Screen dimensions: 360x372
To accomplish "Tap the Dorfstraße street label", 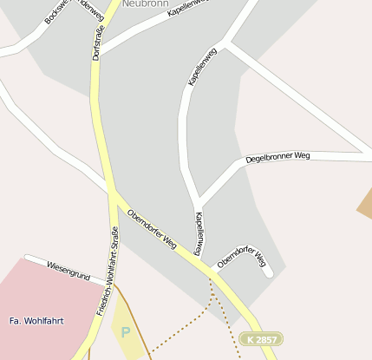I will pyautogui.click(x=96, y=41).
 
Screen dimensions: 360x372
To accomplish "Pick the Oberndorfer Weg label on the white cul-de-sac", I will pyautogui.click(x=241, y=257).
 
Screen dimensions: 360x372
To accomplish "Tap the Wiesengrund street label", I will pyautogui.click(x=69, y=270).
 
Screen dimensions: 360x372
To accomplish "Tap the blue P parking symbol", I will pyautogui.click(x=126, y=331).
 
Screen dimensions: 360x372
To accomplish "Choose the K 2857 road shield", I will pyautogui.click(x=261, y=338).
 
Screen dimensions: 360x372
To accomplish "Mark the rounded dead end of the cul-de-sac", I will pyautogui.click(x=268, y=272).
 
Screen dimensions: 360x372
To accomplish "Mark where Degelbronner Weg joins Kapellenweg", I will pyautogui.click(x=199, y=200).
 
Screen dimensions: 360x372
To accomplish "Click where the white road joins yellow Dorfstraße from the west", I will pyautogui.click(x=110, y=190).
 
